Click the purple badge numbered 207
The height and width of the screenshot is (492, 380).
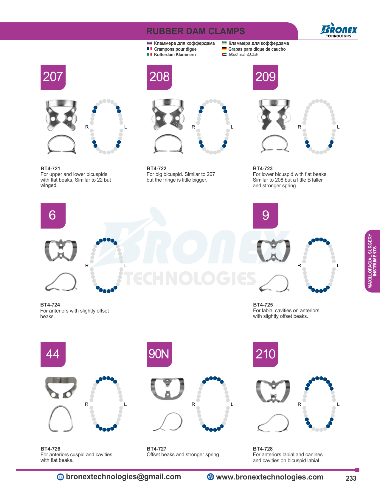(53, 77)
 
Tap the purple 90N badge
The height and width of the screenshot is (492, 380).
(159, 354)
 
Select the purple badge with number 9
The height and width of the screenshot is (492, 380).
(266, 216)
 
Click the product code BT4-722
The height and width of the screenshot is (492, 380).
(156, 168)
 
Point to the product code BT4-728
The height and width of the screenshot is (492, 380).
(263, 448)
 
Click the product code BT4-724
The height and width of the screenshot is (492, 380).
(50, 305)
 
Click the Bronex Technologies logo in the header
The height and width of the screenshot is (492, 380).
(339, 30)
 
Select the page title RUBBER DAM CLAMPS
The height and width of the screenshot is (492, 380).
(196, 31)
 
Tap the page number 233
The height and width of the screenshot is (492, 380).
(351, 478)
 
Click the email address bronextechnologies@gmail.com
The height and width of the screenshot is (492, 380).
(123, 476)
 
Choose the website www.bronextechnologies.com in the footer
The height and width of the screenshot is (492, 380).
(269, 477)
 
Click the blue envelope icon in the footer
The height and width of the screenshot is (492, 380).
(60, 477)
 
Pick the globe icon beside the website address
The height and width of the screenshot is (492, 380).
(210, 477)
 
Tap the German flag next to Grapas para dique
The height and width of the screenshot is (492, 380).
(224, 49)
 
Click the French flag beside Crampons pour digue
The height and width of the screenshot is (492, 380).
(149, 49)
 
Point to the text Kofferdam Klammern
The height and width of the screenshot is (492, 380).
(175, 55)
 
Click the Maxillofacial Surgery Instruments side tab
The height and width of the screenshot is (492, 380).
(372, 261)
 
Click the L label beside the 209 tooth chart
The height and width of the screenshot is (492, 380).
(338, 127)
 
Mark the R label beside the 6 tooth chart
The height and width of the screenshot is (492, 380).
(87, 266)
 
